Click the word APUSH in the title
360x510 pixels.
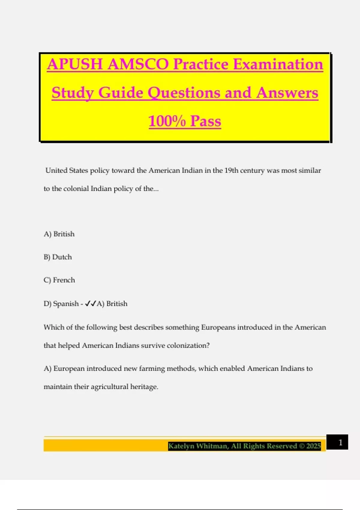[x=75, y=64]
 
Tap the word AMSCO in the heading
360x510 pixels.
[x=138, y=64]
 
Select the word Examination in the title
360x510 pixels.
[x=278, y=64]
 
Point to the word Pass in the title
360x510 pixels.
[x=206, y=121]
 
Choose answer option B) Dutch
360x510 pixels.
[x=58, y=257]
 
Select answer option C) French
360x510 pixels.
[x=59, y=280]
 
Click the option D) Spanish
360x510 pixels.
[x=61, y=304]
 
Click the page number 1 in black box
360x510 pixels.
[x=340, y=442]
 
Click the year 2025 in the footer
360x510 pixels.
[x=313, y=446]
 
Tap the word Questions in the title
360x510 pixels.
[x=184, y=93]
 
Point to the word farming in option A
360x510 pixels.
[x=152, y=368]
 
